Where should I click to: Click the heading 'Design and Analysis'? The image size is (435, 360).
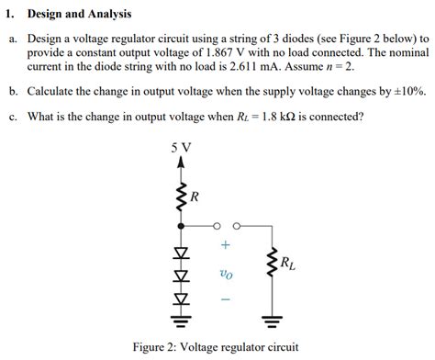[x=80, y=15]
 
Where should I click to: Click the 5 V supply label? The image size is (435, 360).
[x=182, y=148]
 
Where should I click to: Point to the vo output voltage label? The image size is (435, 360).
[x=226, y=273]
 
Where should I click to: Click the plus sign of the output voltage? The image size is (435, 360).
[x=226, y=246]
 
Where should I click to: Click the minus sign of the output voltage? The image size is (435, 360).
[x=226, y=299]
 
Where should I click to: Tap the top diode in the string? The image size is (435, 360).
[x=182, y=252]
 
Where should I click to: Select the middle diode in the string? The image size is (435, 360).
[x=182, y=275]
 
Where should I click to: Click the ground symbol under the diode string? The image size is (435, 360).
[x=182, y=321]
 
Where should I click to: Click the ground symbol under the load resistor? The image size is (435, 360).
[x=271, y=321]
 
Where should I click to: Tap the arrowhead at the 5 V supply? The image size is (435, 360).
[x=182, y=163]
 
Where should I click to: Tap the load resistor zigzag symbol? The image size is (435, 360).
[x=271, y=264]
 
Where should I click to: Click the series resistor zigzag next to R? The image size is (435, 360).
[x=182, y=195]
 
